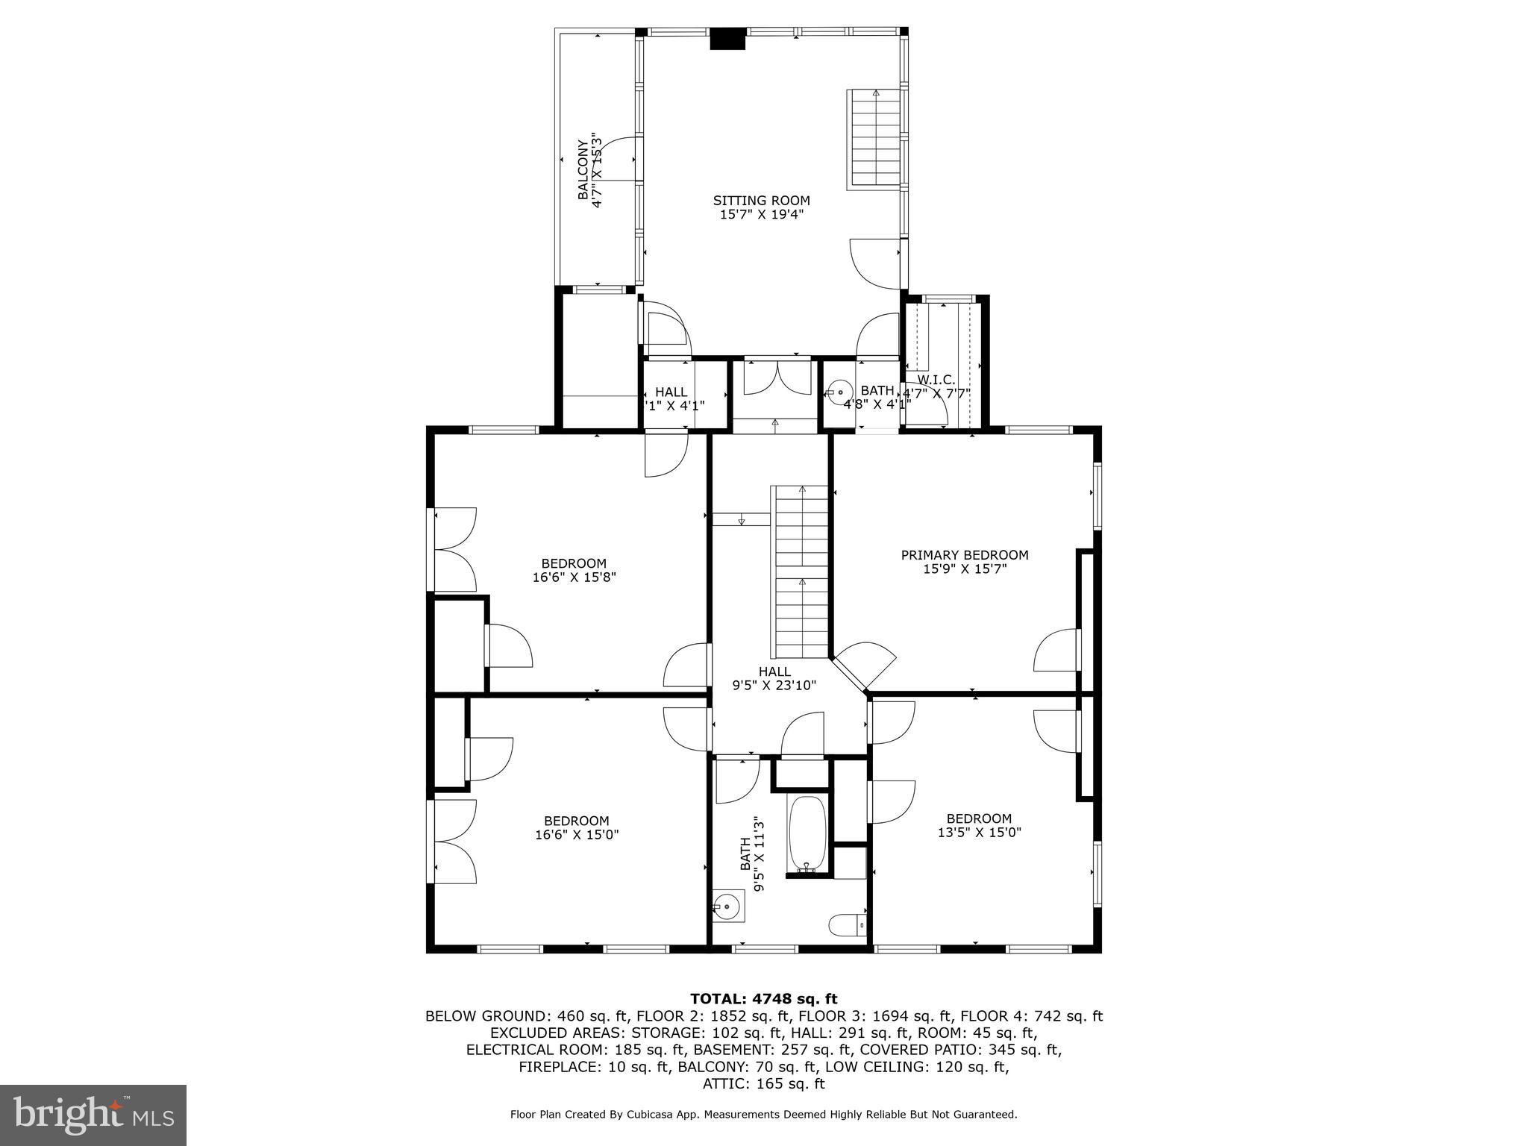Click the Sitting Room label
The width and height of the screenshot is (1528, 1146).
[761, 200]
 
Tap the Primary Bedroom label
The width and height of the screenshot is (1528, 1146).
[964, 555]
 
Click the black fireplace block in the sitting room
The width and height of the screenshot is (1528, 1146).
[727, 39]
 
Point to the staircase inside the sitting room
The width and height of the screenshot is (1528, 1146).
[875, 139]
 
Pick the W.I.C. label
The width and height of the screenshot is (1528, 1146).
[936, 380]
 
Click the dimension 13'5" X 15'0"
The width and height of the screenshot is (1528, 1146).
[979, 832]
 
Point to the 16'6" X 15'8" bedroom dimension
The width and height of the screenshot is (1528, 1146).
[574, 577]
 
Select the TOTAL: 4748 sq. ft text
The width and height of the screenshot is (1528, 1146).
[763, 998]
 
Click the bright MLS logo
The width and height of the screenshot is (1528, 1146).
[93, 1115]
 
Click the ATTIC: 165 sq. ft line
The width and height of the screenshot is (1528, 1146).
[763, 1083]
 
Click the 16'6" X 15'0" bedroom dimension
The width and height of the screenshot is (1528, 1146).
[576, 834]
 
